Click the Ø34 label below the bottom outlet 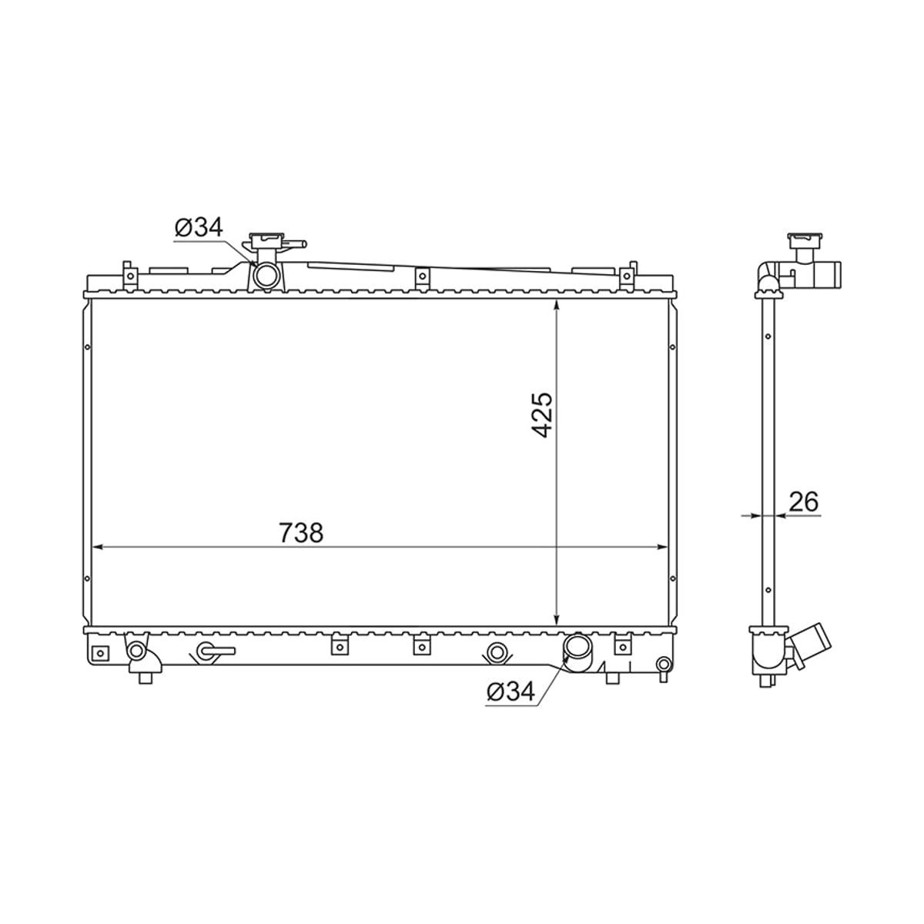point(511,691)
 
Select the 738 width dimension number point(301,532)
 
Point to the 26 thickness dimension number point(804,501)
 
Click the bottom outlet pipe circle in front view point(575,647)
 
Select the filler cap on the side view point(805,239)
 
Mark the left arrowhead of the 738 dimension point(96,547)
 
